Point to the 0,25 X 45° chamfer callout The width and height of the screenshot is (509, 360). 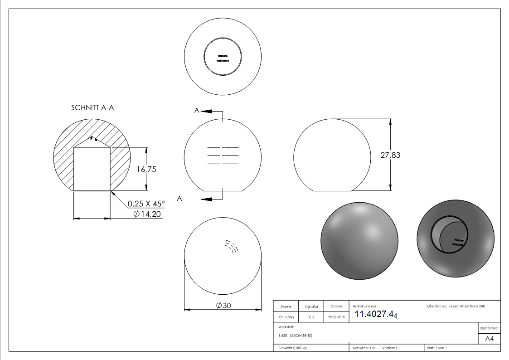(x=146, y=204)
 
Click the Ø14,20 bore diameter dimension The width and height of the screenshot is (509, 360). (x=147, y=214)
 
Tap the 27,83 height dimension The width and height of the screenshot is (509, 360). (x=390, y=155)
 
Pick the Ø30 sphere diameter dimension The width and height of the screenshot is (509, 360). (x=223, y=306)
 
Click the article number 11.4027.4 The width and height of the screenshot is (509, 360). (x=375, y=315)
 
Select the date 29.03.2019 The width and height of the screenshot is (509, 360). (x=336, y=317)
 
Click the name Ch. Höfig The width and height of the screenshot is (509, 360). (x=286, y=317)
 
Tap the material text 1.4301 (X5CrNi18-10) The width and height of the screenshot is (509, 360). (x=296, y=336)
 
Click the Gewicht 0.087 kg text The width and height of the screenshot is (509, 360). (x=292, y=348)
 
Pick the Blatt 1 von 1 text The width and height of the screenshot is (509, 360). (x=437, y=348)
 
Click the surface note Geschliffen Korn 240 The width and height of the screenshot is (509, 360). (x=467, y=306)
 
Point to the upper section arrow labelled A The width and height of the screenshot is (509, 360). (x=207, y=111)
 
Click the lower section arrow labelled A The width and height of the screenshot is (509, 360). (x=207, y=199)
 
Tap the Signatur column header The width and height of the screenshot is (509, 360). (x=311, y=306)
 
